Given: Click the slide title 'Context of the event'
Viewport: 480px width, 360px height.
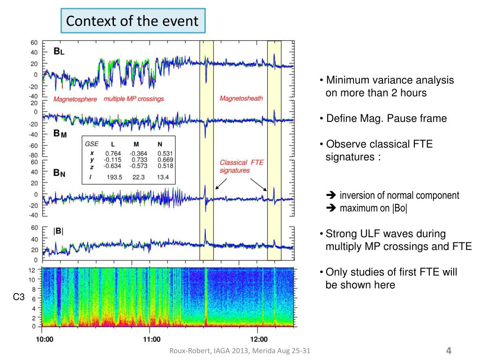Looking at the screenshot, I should [x=132, y=21].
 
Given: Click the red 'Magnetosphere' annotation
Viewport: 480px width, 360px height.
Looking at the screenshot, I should [x=75, y=99].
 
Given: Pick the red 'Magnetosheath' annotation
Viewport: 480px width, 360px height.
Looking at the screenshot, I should [x=241, y=98].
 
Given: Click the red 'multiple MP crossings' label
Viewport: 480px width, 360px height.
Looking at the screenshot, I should [x=134, y=99].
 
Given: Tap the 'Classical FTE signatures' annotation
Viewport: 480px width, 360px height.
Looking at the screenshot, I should [x=242, y=166].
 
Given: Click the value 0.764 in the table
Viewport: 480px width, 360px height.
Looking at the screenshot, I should [x=113, y=153].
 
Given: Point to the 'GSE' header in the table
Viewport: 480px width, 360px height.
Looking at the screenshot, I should [x=91, y=144].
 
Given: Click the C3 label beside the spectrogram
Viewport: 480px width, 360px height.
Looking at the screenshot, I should [x=18, y=296].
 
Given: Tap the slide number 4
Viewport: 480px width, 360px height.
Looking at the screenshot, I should [x=449, y=351].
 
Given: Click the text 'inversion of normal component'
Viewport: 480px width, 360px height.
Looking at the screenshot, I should [x=399, y=195].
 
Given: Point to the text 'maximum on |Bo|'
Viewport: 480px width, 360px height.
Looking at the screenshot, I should [x=373, y=209].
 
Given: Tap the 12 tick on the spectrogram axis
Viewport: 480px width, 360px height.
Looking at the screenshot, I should [x=32, y=270].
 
